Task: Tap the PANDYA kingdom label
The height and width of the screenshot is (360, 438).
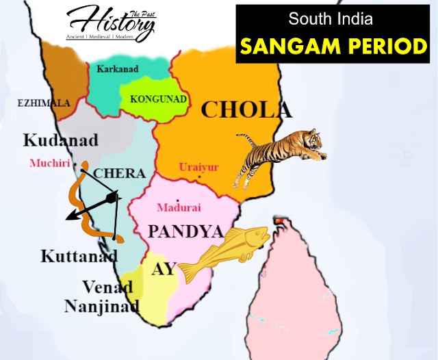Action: tap(185, 231)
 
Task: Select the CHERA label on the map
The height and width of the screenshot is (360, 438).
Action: tap(119, 173)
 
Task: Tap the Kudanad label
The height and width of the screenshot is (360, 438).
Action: tap(60, 140)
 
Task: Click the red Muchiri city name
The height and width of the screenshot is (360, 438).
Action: tap(50, 164)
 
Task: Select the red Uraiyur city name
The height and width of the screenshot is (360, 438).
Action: tap(198, 166)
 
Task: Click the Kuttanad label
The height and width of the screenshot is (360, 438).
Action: tap(79, 257)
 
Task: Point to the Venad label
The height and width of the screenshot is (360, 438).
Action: tap(107, 286)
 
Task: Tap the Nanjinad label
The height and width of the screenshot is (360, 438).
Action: tap(102, 305)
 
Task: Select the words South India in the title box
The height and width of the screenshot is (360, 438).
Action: tap(331, 18)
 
